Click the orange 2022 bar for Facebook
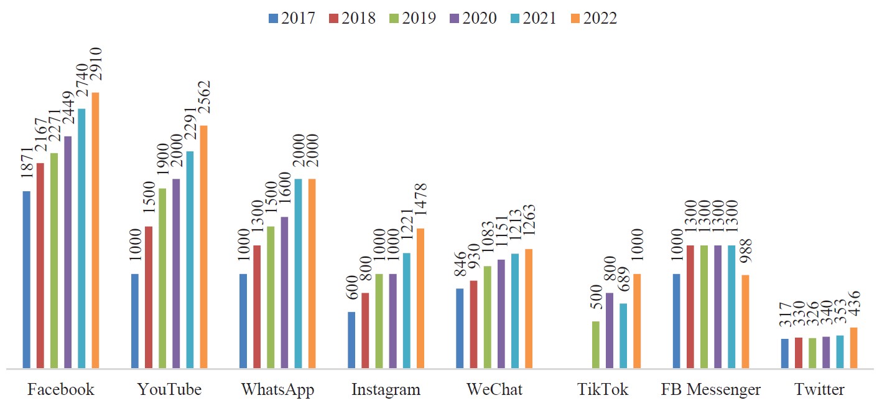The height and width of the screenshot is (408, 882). [x=96, y=230]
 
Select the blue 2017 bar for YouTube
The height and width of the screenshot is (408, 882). [x=135, y=321]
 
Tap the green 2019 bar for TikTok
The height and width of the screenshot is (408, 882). [x=596, y=344]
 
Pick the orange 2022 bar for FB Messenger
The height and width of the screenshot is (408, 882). [x=745, y=321]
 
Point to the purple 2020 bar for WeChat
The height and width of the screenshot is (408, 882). [x=501, y=313]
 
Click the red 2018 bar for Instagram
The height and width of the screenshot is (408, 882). [x=365, y=330]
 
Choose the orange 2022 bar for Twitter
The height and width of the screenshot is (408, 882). [x=853, y=348]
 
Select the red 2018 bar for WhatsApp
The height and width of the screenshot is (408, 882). [x=257, y=306]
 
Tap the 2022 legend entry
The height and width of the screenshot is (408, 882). [x=594, y=18]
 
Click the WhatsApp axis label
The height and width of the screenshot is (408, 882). [x=277, y=390]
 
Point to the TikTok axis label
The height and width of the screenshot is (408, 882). [x=603, y=390]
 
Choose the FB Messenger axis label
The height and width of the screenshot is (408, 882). [x=711, y=390]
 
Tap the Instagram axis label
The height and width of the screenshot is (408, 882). [x=386, y=390]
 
